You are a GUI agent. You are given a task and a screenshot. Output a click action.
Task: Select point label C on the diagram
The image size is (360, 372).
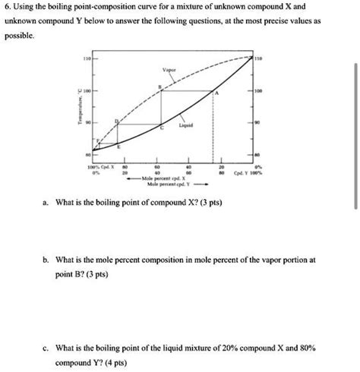(x=160, y=131)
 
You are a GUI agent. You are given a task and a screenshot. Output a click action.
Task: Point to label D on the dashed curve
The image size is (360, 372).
(x=116, y=120)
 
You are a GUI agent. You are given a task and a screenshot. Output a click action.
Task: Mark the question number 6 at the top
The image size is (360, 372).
(x=7, y=7)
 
